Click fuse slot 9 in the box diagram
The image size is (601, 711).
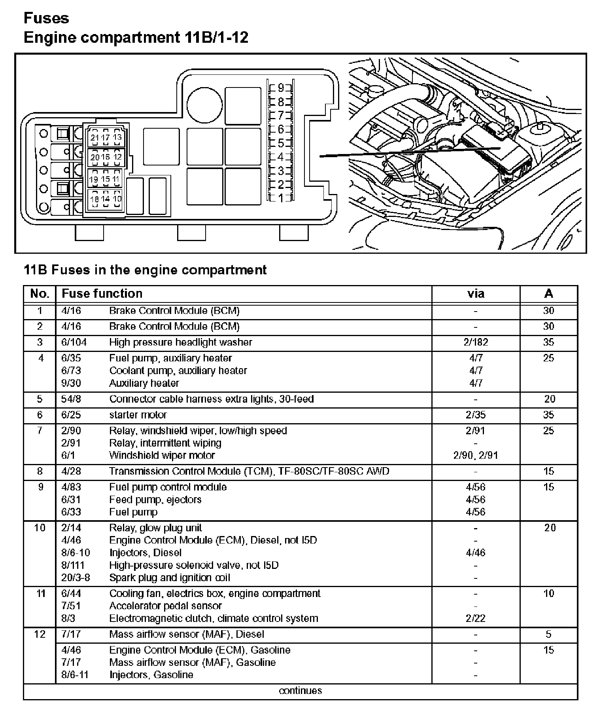[281, 87]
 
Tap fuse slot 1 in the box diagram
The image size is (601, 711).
[281, 198]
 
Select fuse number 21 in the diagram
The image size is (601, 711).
[94, 137]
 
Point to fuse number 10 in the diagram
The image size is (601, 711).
[117, 199]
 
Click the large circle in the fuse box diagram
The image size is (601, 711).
[204, 106]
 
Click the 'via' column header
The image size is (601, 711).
[475, 293]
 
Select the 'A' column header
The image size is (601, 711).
[548, 293]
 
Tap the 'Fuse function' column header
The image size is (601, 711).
[102, 293]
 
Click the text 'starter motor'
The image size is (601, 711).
[138, 414]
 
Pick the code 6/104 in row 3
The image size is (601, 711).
[74, 342]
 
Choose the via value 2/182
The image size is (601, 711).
[476, 342]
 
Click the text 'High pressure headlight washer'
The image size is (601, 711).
[180, 342]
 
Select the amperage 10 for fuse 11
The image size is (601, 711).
[549, 593]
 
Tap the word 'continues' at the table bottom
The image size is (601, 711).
[300, 690]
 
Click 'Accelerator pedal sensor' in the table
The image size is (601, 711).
[165, 606]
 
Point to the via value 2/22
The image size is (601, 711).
[475, 618]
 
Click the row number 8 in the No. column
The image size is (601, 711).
[40, 471]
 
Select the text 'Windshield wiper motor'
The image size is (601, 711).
[162, 455]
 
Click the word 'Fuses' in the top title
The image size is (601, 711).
[46, 18]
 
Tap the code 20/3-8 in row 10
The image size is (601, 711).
[76, 578]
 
